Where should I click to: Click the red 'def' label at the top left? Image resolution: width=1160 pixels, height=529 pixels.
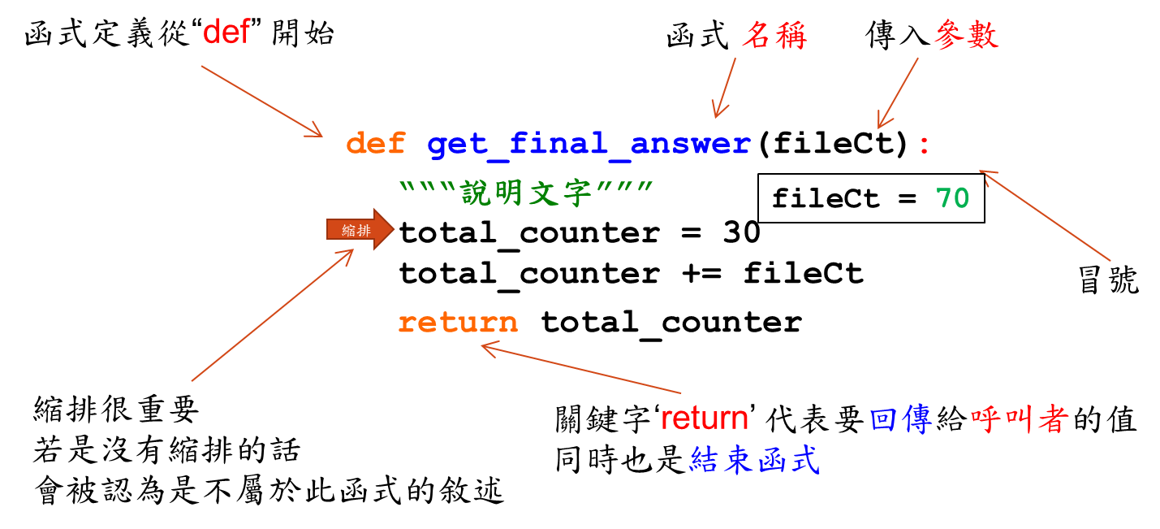[x=226, y=33]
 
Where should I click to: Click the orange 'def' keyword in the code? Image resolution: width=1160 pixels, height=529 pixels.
[x=375, y=145]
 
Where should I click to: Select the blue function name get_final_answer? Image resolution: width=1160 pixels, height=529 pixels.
[x=589, y=145]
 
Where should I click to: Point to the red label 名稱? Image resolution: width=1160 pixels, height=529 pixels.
[x=774, y=36]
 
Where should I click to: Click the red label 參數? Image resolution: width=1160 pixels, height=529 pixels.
[x=966, y=36]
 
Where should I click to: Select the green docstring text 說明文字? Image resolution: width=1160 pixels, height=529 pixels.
[x=526, y=193]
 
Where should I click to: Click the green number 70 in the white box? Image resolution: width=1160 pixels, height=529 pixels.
[x=952, y=198]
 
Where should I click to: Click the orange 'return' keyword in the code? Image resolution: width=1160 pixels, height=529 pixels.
[x=458, y=323]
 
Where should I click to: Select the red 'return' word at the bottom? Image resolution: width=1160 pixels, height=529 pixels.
[x=704, y=418]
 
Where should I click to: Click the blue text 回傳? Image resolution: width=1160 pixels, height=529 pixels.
[x=900, y=420]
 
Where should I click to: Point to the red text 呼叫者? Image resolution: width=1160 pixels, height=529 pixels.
[x=1020, y=420]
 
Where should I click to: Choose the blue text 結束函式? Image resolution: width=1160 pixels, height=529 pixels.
[x=755, y=460]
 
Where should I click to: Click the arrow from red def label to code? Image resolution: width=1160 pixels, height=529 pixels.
[x=261, y=101]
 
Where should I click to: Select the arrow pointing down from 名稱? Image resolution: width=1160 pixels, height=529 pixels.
[x=724, y=88]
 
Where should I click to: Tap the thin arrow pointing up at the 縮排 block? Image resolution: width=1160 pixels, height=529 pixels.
[x=273, y=314]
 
